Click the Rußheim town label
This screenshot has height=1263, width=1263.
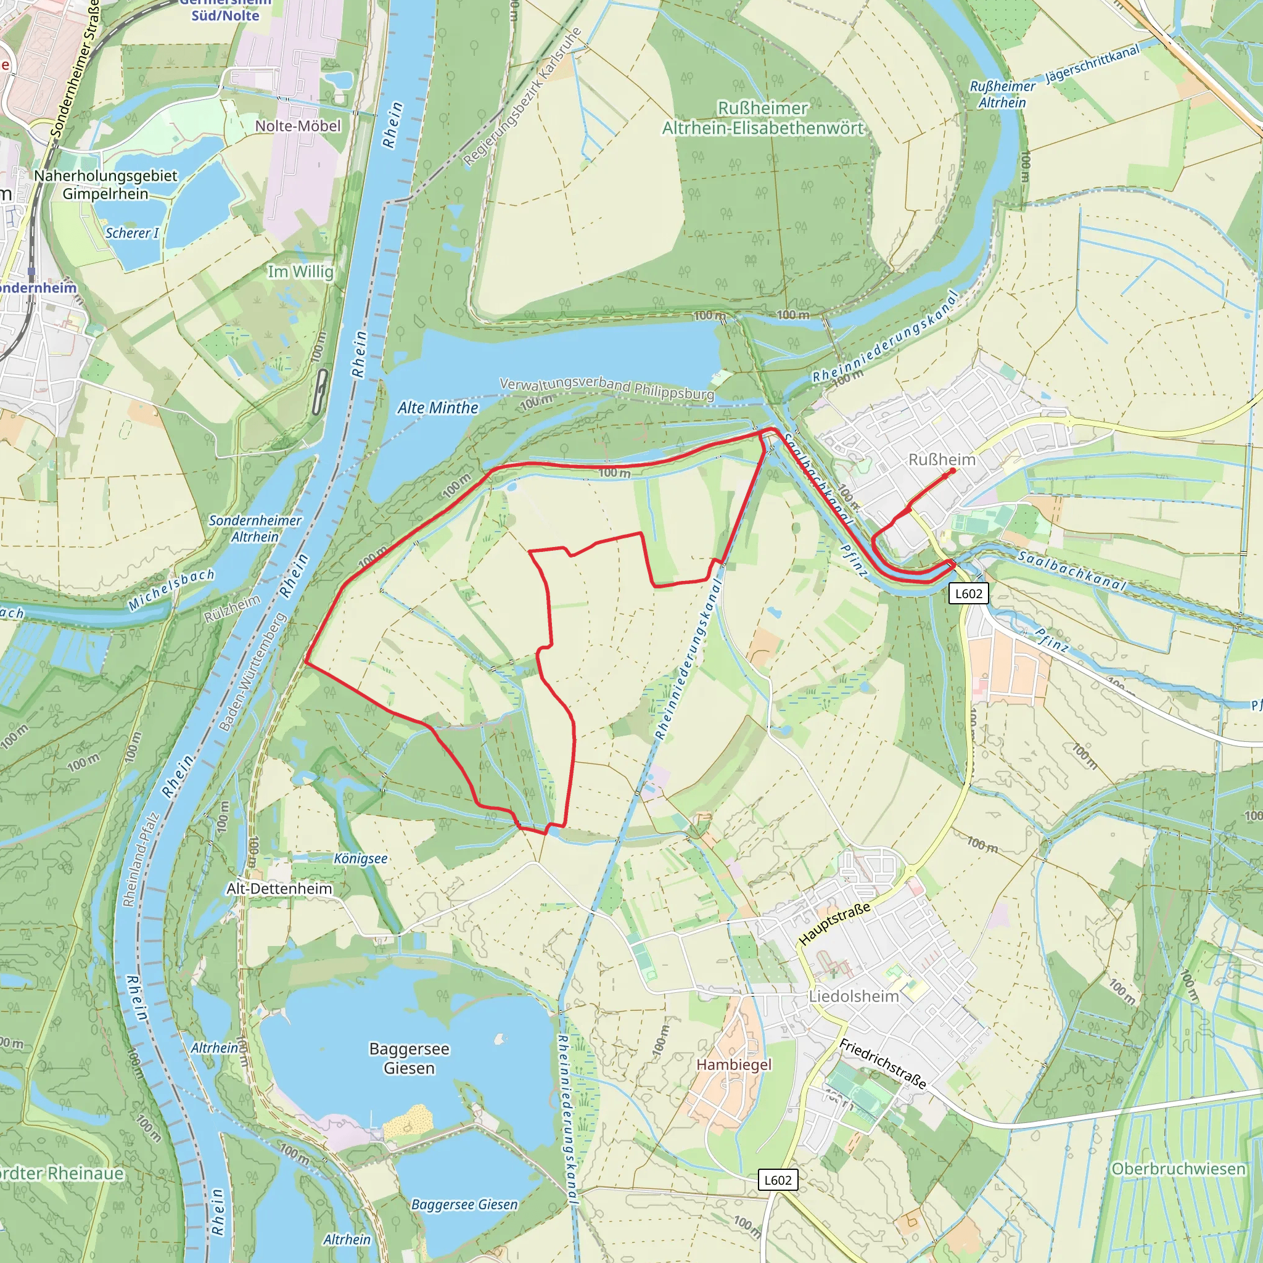pyautogui.click(x=941, y=459)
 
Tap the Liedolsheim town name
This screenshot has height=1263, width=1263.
pyautogui.click(x=854, y=997)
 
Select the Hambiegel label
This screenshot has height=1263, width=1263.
pyautogui.click(x=733, y=1064)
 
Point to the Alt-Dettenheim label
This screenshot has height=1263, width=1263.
pyautogui.click(x=279, y=889)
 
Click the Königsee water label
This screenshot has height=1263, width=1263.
pyautogui.click(x=361, y=858)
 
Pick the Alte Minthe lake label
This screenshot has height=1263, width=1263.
pyautogui.click(x=438, y=408)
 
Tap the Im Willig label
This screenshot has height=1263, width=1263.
pyautogui.click(x=300, y=271)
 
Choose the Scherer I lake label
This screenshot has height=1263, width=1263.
pyautogui.click(x=131, y=232)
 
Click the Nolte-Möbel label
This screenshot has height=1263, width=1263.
pyautogui.click(x=298, y=126)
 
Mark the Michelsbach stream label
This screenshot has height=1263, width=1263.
pyautogui.click(x=171, y=590)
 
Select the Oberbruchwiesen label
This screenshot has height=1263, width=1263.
pyautogui.click(x=1179, y=1168)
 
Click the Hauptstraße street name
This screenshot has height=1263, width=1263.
pyautogui.click(x=835, y=924)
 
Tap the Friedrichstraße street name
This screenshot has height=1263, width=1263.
pyautogui.click(x=882, y=1064)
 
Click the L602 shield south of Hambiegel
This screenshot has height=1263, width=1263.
pyautogui.click(x=778, y=1180)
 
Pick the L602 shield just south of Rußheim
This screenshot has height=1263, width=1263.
pyautogui.click(x=968, y=594)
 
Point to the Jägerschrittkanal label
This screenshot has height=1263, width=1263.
pyautogui.click(x=1092, y=64)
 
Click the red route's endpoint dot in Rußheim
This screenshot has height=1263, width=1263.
pyautogui.click(x=953, y=470)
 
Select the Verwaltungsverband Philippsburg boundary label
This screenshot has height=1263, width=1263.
pyautogui.click(x=607, y=389)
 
